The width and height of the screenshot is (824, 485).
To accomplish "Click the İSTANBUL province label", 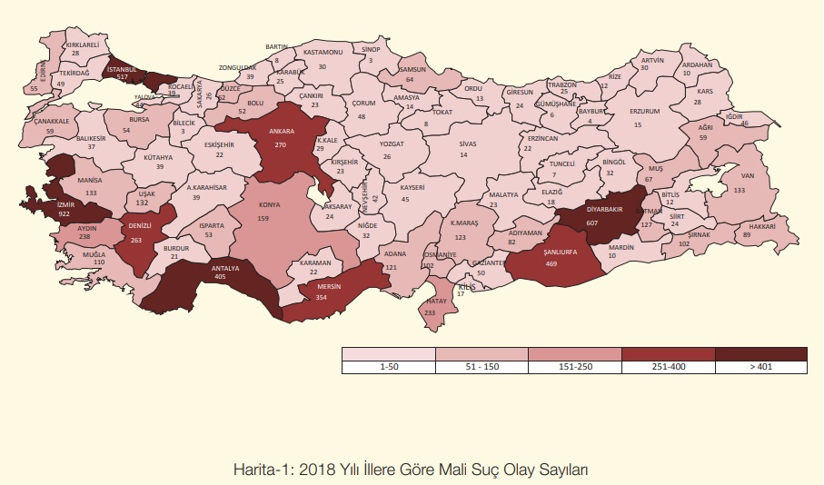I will tap(121, 69).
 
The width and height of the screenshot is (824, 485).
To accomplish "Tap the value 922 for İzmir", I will tap(64, 213).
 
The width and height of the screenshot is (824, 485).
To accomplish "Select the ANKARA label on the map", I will tap(280, 130).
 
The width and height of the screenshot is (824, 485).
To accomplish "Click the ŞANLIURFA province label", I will tap(555, 253).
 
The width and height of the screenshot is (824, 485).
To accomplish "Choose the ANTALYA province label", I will tap(224, 269).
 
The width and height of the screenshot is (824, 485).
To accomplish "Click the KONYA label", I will tap(269, 205).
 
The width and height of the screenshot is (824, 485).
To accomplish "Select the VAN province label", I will tap(749, 176).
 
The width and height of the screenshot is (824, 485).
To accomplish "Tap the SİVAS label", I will tap(468, 144).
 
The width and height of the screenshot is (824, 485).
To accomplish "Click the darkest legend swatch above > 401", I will tap(760, 354).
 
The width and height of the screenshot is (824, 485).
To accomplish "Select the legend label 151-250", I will tap(574, 368).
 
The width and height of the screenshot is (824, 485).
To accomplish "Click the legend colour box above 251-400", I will tap(668, 354).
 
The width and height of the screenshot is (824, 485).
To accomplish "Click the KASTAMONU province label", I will tap(323, 53).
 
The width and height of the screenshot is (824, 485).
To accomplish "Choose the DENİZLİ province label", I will tap(139, 224).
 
